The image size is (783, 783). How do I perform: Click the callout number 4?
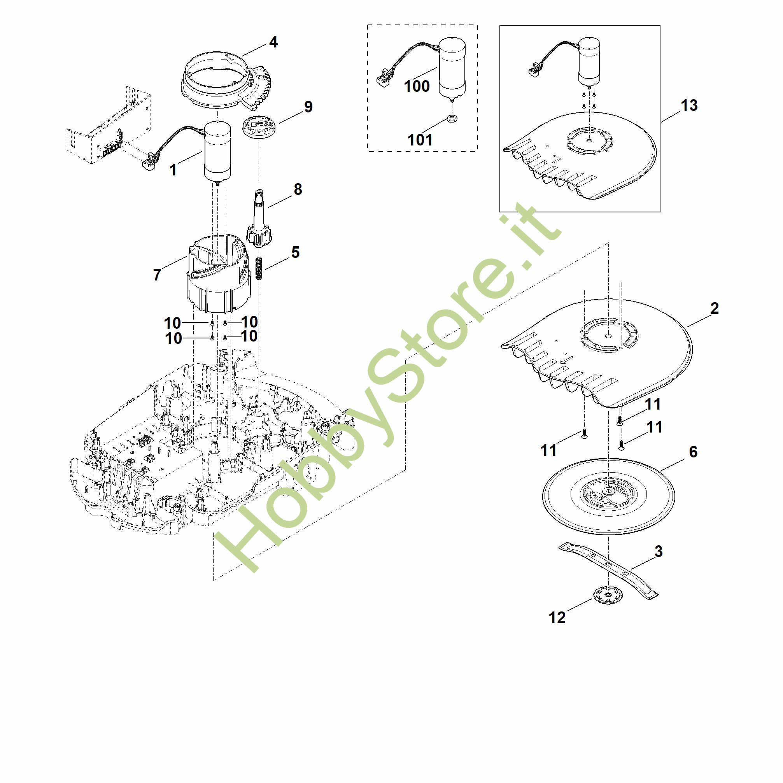(273, 42)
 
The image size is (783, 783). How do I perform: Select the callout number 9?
(308, 107)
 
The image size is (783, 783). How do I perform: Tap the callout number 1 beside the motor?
(173, 170)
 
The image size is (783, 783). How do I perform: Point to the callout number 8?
(298, 189)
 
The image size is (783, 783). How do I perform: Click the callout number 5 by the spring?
(296, 252)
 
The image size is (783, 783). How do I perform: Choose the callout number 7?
(157, 275)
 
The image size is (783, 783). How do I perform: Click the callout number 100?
(417, 86)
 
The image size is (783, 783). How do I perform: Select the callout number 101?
(420, 140)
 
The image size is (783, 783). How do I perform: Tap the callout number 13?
(689, 105)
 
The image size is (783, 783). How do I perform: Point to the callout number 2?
(715, 309)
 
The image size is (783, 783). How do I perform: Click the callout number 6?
(693, 452)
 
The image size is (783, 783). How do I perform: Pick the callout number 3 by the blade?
(659, 552)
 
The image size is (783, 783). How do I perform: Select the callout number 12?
(557, 618)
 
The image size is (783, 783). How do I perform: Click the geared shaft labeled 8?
(259, 219)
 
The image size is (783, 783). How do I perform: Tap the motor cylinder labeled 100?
(452, 67)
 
